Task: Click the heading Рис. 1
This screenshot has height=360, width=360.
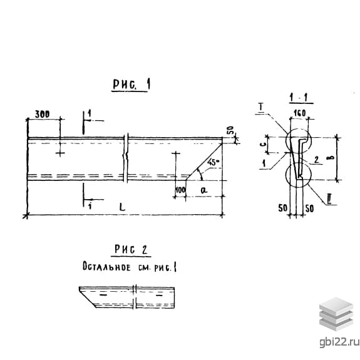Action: click(131, 85)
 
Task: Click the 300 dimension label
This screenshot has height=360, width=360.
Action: click(42, 114)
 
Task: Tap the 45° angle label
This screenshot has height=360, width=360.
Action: click(213, 162)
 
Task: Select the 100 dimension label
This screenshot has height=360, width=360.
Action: click(180, 190)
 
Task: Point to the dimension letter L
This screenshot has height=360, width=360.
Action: click(122, 207)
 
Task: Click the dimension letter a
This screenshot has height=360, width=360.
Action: click(203, 190)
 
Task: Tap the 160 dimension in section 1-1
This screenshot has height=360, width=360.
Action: click(300, 113)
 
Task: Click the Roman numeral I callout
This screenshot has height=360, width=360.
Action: click(261, 107)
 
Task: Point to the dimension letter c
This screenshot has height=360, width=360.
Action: click(264, 144)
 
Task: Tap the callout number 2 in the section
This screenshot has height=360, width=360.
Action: click(317, 160)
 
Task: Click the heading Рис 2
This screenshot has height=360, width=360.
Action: click(131, 250)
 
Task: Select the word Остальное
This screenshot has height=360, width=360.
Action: click(106, 267)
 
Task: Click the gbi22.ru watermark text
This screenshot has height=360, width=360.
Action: click(339, 342)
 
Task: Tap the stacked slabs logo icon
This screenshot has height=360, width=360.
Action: click(336, 314)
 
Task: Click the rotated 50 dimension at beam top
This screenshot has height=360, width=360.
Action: click(230, 130)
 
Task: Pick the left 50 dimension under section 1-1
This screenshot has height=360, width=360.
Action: click(282, 208)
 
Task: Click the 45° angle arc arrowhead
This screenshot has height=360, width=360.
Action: click(201, 178)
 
